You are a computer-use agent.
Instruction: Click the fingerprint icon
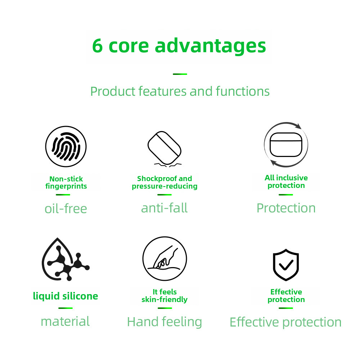click(66, 146)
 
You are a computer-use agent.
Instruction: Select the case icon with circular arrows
click(286, 145)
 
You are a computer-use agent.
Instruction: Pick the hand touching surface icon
click(165, 258)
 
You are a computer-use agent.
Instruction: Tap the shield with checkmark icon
click(286, 265)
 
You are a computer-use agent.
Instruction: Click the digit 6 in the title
click(97, 46)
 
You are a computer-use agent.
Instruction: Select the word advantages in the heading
click(210, 46)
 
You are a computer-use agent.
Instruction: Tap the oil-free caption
click(66, 209)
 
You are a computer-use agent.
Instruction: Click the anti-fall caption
click(165, 208)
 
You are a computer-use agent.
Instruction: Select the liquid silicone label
click(66, 296)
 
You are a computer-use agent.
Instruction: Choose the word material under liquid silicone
click(65, 321)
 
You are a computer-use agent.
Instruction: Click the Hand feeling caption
click(165, 322)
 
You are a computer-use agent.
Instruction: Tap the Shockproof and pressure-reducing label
click(165, 182)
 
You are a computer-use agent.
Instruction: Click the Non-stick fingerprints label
click(66, 183)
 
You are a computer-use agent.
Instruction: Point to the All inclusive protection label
click(286, 181)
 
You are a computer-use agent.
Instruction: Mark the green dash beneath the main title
click(180, 74)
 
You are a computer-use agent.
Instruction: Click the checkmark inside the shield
click(286, 265)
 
